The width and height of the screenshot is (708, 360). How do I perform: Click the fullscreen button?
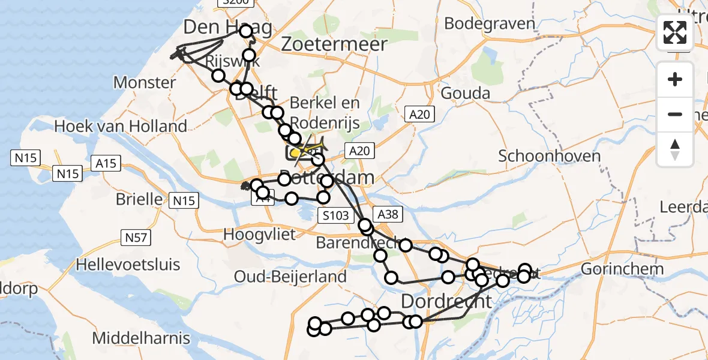coord(675,32)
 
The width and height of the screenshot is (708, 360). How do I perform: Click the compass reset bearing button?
coord(675,149)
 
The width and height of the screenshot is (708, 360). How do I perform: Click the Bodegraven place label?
coord(490,23)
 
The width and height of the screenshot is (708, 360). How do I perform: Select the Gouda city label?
coord(465,93)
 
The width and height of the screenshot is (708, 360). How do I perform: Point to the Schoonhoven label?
coord(550,156)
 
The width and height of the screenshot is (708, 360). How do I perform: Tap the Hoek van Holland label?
coord(121,126)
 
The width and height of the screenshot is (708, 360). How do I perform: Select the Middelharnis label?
coord(142,338)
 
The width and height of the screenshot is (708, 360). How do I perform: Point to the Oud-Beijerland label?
coord(290,277)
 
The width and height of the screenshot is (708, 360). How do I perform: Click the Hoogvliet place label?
coord(259,235)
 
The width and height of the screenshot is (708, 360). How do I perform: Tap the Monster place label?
coord(145,82)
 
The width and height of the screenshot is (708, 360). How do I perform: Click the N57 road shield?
coord(136,238)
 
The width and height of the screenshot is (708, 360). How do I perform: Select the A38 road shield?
coord(383,214)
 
